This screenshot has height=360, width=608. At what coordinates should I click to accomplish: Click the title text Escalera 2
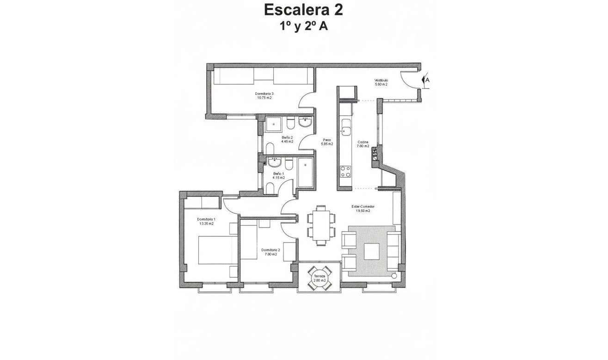coord(303,9)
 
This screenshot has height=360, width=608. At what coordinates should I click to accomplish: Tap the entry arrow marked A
coord(426,80)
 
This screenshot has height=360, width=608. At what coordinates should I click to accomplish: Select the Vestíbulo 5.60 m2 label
coord(381,82)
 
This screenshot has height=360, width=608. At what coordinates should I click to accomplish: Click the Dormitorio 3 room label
coord(264,96)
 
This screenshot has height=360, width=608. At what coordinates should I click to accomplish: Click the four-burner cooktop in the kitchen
coord(345,172)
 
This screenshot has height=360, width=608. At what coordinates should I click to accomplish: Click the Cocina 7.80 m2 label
coord(363,144)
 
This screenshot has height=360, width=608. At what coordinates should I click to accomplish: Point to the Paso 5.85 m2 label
coord(327,142)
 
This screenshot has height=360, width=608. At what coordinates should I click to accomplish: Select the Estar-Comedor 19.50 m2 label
coord(362,208)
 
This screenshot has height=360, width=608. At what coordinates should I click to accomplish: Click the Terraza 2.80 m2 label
coord(319,279)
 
